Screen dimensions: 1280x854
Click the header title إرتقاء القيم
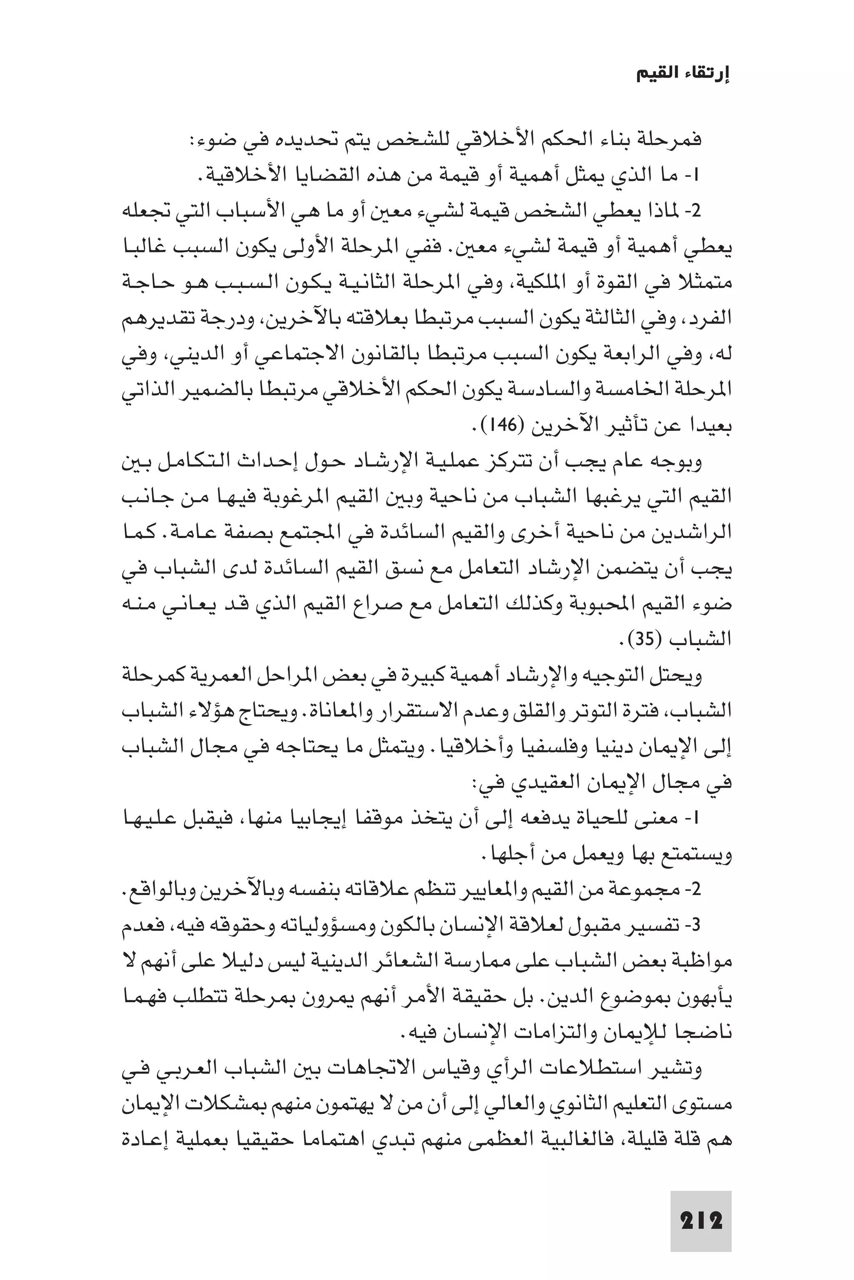(683, 75)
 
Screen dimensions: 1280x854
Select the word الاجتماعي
(493, 355)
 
